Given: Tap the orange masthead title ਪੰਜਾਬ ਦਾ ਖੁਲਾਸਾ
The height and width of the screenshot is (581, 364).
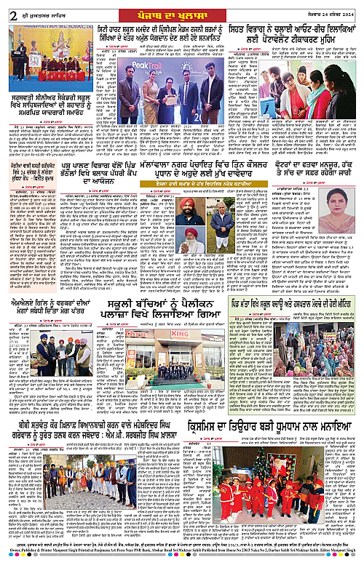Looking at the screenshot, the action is [x=182, y=9].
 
